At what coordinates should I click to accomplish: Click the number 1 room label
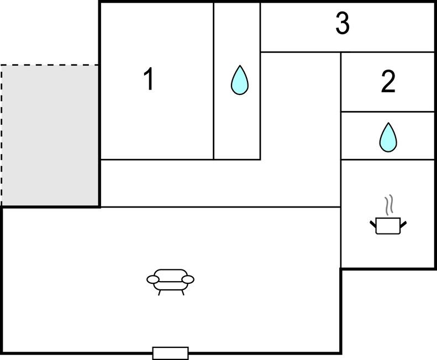pyautogui.click(x=148, y=80)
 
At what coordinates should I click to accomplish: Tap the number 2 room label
pyautogui.click(x=388, y=82)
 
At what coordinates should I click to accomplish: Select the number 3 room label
pyautogui.click(x=343, y=24)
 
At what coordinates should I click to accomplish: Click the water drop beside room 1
pyautogui.click(x=239, y=80)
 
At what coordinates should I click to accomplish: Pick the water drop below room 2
pyautogui.click(x=388, y=137)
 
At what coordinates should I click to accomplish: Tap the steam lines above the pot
pyautogui.click(x=388, y=203)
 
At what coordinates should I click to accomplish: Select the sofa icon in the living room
pyautogui.click(x=171, y=279)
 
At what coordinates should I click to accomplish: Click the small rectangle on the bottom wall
pyautogui.click(x=170, y=353)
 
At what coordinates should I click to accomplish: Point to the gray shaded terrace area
pyautogui.click(x=50, y=135)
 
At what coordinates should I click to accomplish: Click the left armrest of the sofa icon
pyautogui.click(x=152, y=280)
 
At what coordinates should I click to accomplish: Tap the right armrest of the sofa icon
pyautogui.click(x=188, y=280)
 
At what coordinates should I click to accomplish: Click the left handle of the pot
pyautogui.click(x=372, y=224)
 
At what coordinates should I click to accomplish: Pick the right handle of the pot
pyautogui.click(x=404, y=224)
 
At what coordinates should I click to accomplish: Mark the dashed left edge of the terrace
pyautogui.click(x=1, y=135)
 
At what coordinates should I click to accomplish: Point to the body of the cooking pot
pyautogui.click(x=388, y=226)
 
